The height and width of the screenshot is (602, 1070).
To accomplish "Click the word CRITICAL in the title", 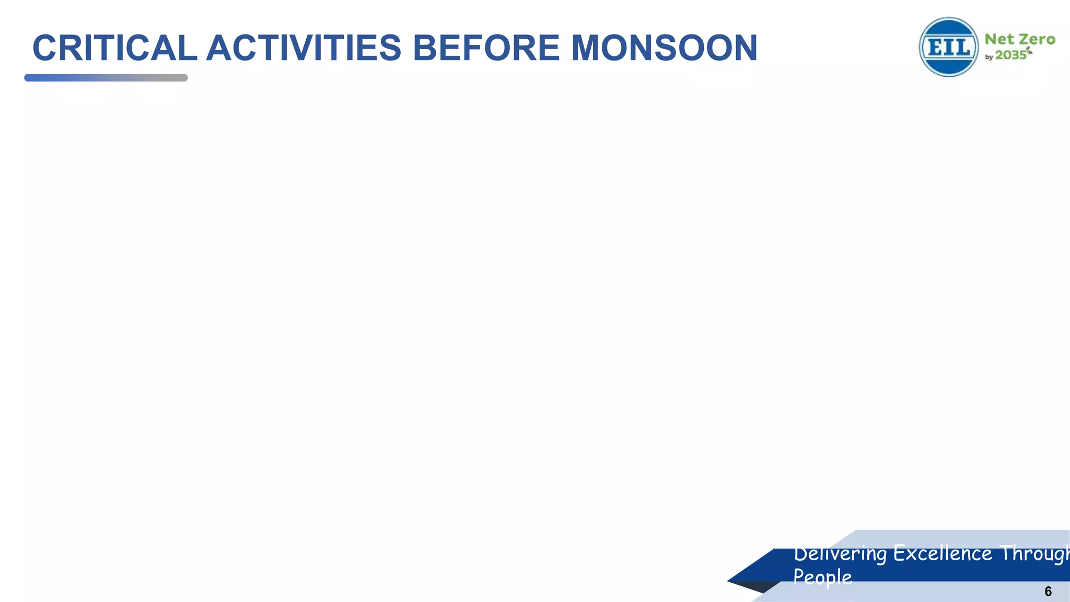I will coord(114,48).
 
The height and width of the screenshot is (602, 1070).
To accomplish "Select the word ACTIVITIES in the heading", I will coord(304,48).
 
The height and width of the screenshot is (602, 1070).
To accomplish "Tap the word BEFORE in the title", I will coord(486,48).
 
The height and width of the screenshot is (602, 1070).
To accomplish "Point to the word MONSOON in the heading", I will coord(664,48).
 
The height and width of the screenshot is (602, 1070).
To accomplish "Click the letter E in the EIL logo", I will coord(933,48).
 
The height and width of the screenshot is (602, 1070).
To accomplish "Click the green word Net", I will coord(999,40).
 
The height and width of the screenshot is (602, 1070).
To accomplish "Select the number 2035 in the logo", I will coord(1010,55).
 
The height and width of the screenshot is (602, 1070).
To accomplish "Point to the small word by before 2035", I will coord(989,57).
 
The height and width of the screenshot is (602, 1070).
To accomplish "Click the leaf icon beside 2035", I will coord(1029,50).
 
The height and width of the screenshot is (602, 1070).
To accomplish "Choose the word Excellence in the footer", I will coord(943,553).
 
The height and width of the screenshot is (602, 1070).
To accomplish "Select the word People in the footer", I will coord(822,577).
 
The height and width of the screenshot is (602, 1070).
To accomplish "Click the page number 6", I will coord(1048,592).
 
